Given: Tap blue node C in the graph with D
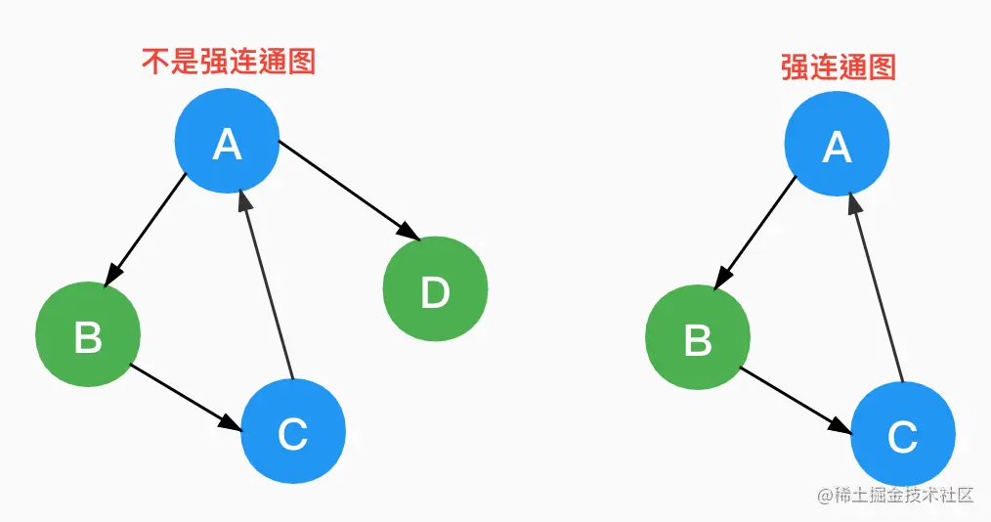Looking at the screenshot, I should pos(292,430).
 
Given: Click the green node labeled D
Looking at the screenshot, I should pos(434,289).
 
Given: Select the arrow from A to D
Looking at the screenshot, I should pos(347,188).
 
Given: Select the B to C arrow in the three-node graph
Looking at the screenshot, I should pos(794,397).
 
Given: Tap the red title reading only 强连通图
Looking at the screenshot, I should pos(838,65).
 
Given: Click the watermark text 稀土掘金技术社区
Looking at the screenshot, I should pos(904,495).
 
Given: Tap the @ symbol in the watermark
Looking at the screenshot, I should pos(824,496).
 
